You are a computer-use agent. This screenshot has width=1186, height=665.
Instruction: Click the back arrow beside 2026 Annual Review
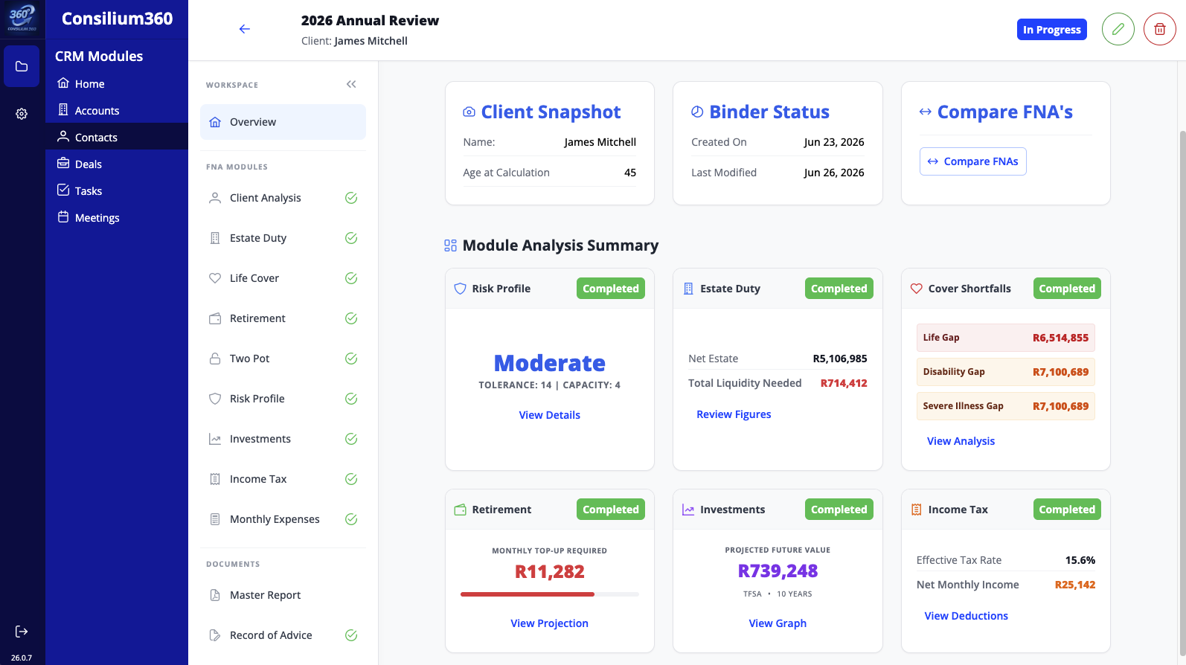pos(244,29)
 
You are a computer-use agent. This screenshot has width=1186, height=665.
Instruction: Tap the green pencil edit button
pos(1118,29)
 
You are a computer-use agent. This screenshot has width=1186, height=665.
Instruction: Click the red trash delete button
pos(1159,29)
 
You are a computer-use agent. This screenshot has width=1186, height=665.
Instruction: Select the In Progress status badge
pos(1051,30)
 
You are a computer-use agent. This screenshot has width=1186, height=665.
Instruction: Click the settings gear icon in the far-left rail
pos(21,114)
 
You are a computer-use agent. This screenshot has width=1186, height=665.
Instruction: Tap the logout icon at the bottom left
pos(21,631)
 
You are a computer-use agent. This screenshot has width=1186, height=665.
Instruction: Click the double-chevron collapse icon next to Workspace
pos(351,84)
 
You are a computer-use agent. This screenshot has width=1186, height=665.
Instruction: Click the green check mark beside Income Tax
pos(351,479)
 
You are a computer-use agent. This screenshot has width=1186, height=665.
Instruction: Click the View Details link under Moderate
pos(549,415)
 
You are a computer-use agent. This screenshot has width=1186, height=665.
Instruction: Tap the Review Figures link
pos(734,414)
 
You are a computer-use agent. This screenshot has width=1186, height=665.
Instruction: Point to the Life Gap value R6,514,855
pos(1060,338)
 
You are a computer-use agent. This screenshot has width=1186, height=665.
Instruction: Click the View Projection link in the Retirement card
pos(549,623)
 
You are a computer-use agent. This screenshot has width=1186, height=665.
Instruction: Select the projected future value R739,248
pos(778,571)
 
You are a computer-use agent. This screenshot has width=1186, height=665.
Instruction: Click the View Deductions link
pos(966,616)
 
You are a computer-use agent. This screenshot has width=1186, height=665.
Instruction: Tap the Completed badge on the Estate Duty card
pos(839,289)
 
